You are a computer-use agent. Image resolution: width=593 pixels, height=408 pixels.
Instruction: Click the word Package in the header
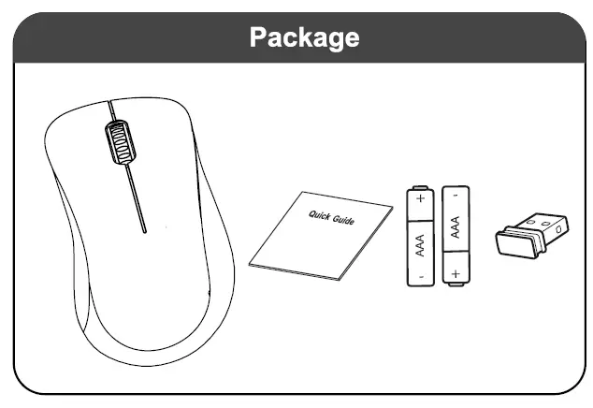point(304,37)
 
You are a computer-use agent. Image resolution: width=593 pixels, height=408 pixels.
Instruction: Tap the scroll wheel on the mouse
point(119,141)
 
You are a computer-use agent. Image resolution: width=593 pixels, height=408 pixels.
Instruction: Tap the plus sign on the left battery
point(420,198)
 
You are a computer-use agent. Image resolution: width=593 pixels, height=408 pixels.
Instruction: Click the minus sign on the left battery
point(421,277)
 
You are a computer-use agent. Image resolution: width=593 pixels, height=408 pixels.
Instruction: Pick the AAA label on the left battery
point(420,242)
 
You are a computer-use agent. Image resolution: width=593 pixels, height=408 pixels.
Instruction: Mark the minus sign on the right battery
point(456,196)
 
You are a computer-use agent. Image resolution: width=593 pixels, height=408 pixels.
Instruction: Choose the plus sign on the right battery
point(456,274)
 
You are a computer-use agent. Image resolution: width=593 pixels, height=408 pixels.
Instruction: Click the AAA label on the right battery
point(456,229)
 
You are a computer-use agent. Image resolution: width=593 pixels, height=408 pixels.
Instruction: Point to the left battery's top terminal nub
point(420,185)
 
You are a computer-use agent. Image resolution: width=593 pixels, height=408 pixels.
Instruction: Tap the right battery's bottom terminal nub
point(456,287)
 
